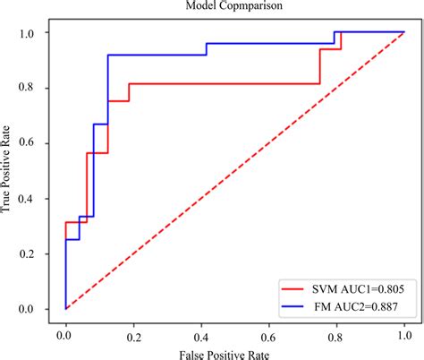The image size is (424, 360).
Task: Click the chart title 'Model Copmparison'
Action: tap(237, 7)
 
